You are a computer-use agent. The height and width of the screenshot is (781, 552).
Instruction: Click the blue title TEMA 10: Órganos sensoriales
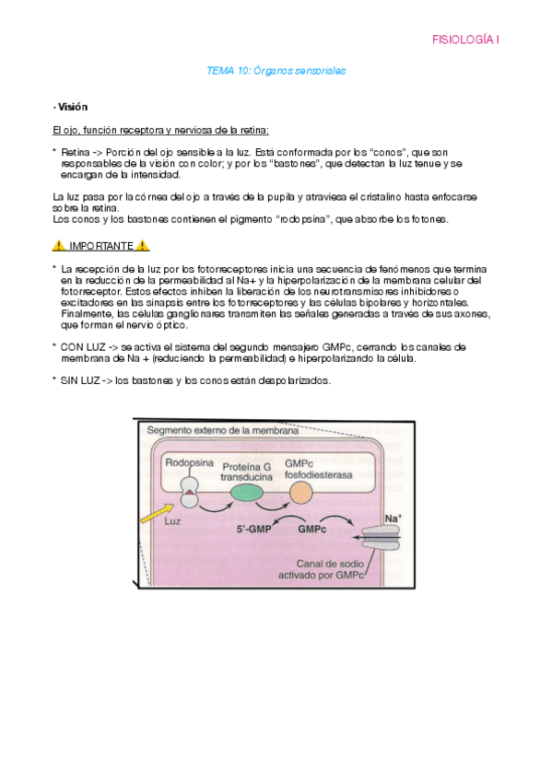[x=276, y=70]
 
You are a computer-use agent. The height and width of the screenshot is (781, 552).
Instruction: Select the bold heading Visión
[x=72, y=107]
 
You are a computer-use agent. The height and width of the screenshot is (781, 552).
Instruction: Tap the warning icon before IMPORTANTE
[x=58, y=246]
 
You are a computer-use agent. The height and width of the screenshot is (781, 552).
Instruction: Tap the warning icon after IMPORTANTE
[x=143, y=246]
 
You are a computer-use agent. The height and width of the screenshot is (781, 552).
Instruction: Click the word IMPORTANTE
[x=100, y=246]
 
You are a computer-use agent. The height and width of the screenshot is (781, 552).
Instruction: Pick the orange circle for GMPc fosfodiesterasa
[x=301, y=494]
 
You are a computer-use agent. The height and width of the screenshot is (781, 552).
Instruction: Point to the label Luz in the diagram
[x=172, y=521]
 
